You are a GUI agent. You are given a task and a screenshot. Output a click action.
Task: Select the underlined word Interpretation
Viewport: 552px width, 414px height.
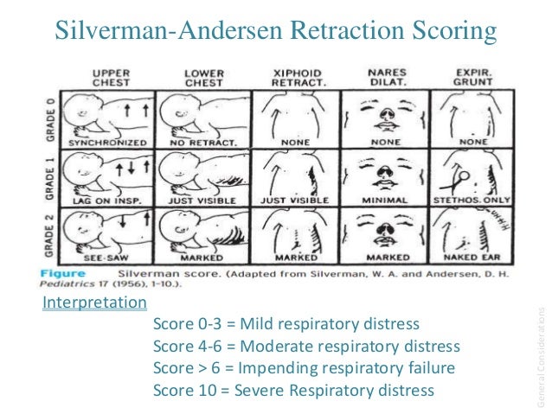point(94,303)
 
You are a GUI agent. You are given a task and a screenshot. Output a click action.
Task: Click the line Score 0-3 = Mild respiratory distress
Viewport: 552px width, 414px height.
point(286,325)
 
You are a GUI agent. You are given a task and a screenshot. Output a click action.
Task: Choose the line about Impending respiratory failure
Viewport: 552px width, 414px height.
point(304,368)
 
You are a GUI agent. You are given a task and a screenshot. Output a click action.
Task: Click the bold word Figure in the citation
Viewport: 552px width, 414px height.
point(67,271)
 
